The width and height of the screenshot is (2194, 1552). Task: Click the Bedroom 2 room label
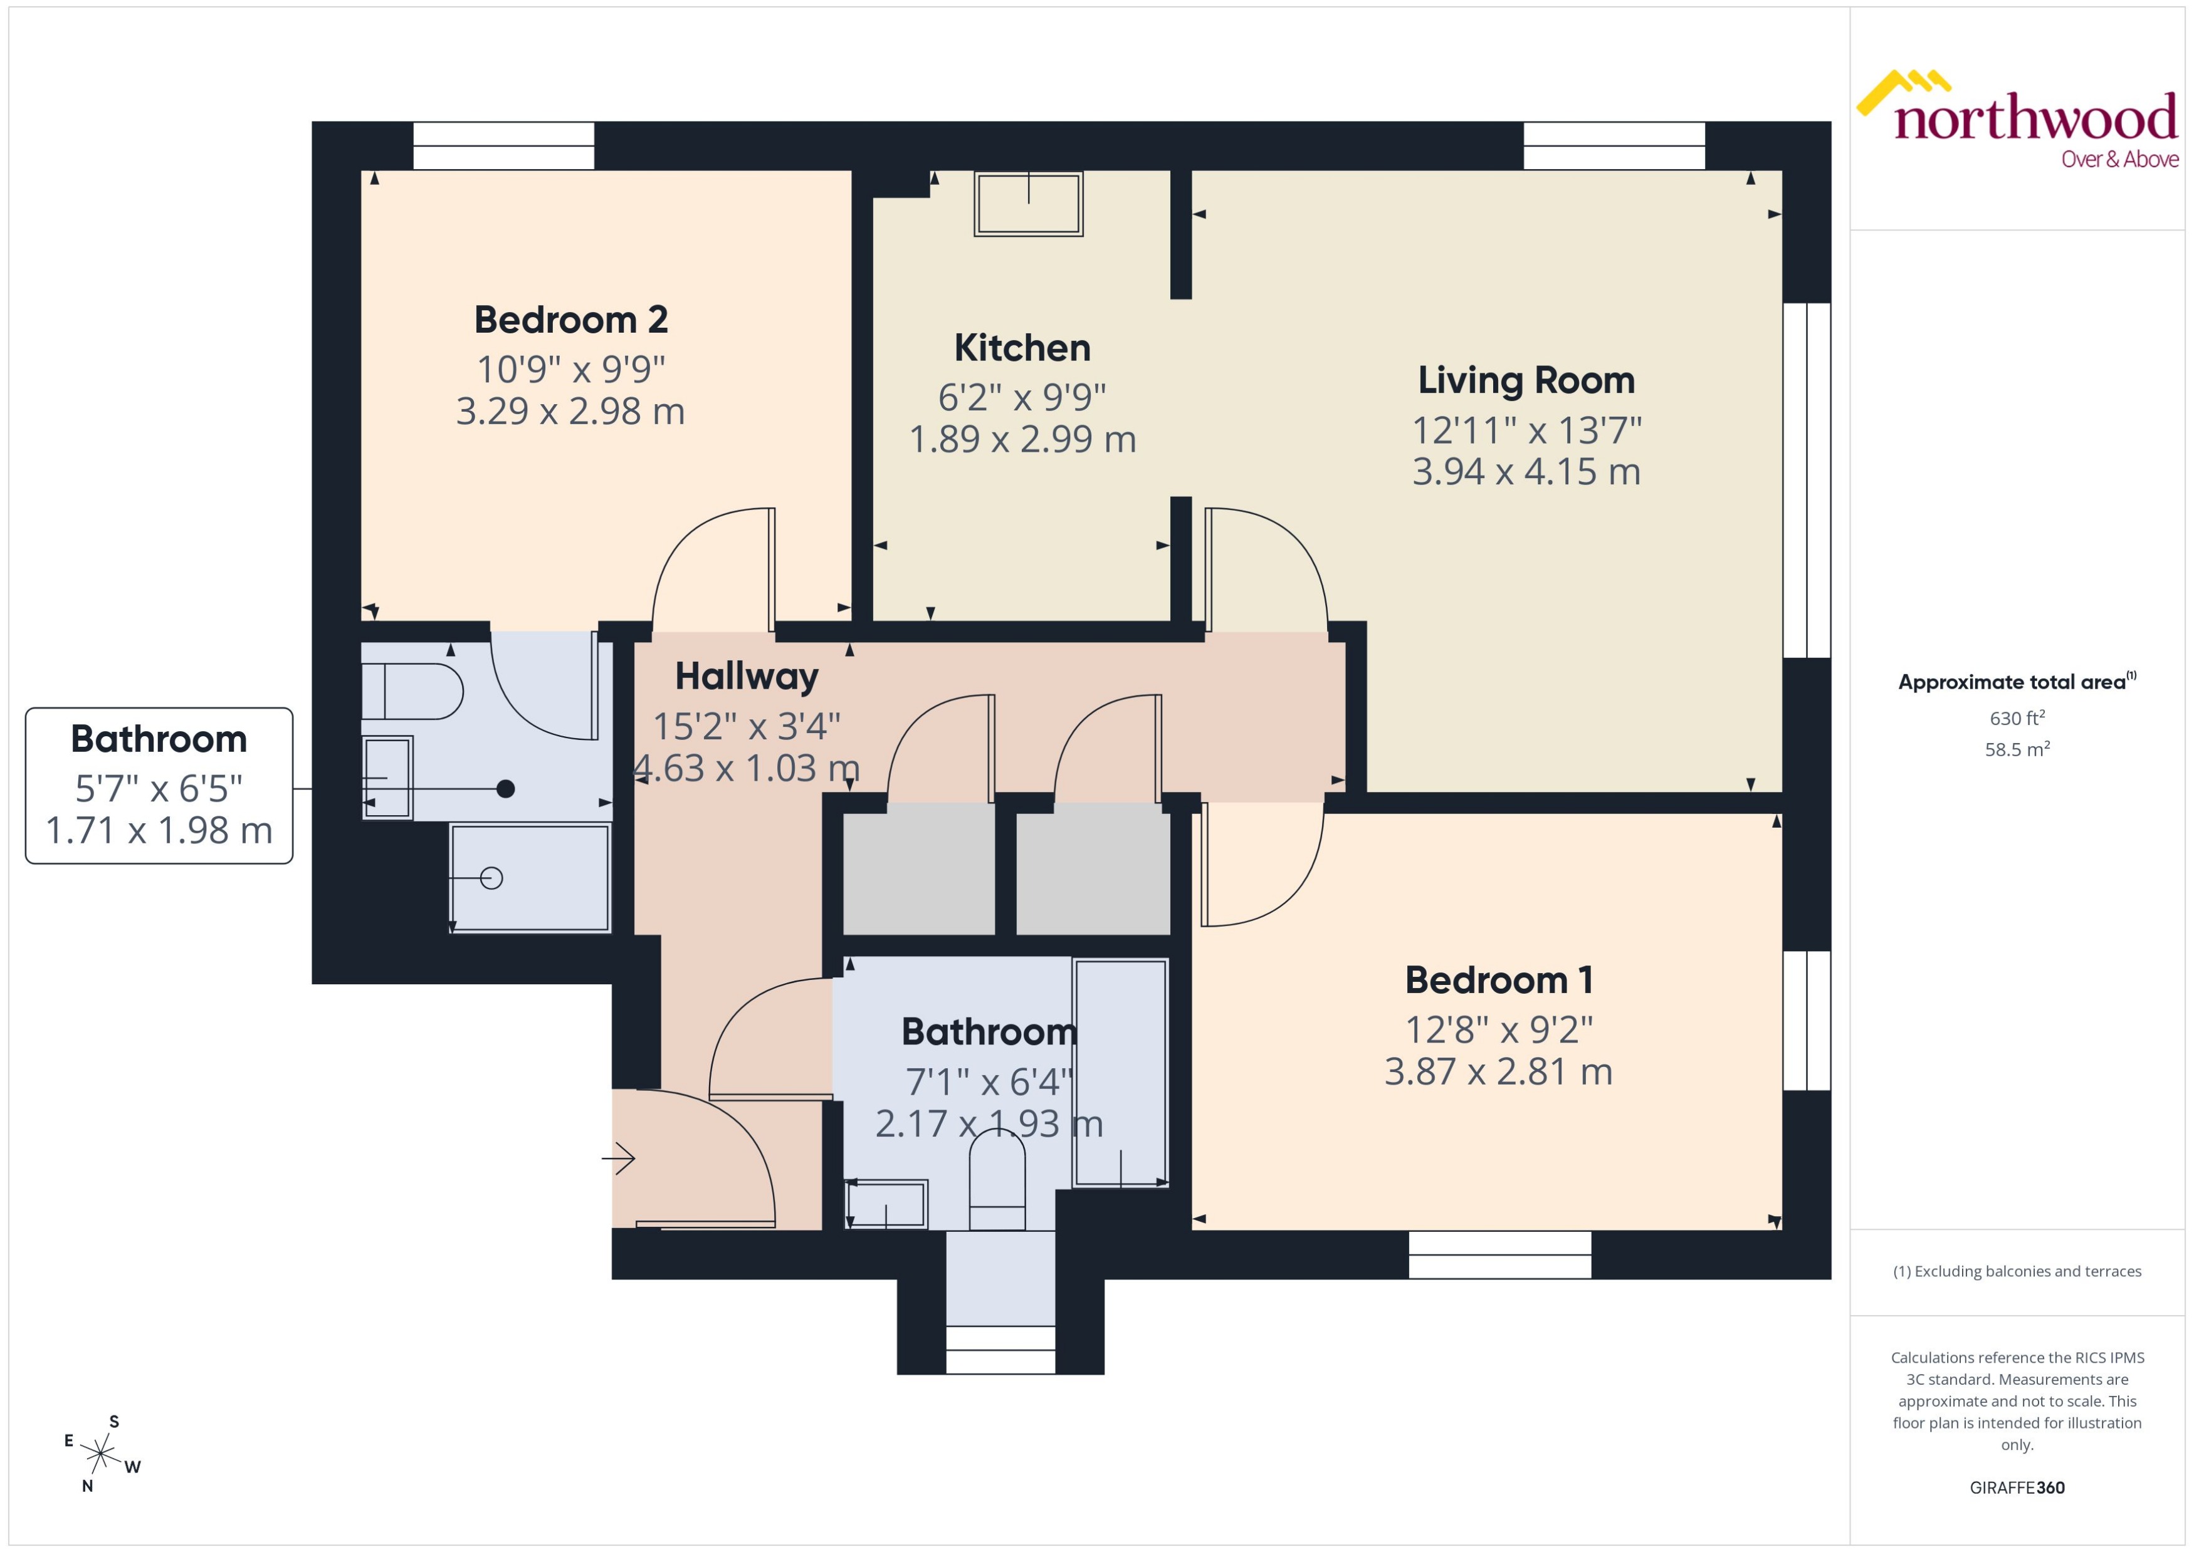pos(570,319)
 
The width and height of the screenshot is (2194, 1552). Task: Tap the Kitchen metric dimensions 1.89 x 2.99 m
pos(1022,439)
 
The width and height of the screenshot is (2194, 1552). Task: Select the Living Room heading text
pos(1526,380)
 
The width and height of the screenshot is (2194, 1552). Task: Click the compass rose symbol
pos(100,1454)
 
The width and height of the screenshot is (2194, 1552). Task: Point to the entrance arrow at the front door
pos(619,1159)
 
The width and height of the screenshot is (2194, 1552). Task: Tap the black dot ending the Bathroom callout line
pos(506,788)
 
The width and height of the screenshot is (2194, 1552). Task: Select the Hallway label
pos(746,677)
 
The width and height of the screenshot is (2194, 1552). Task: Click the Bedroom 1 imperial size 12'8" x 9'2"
pos(1498,1029)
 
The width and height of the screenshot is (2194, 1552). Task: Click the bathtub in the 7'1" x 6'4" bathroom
pos(1120,1072)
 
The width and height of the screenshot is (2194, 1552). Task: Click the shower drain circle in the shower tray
pos(491,877)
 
